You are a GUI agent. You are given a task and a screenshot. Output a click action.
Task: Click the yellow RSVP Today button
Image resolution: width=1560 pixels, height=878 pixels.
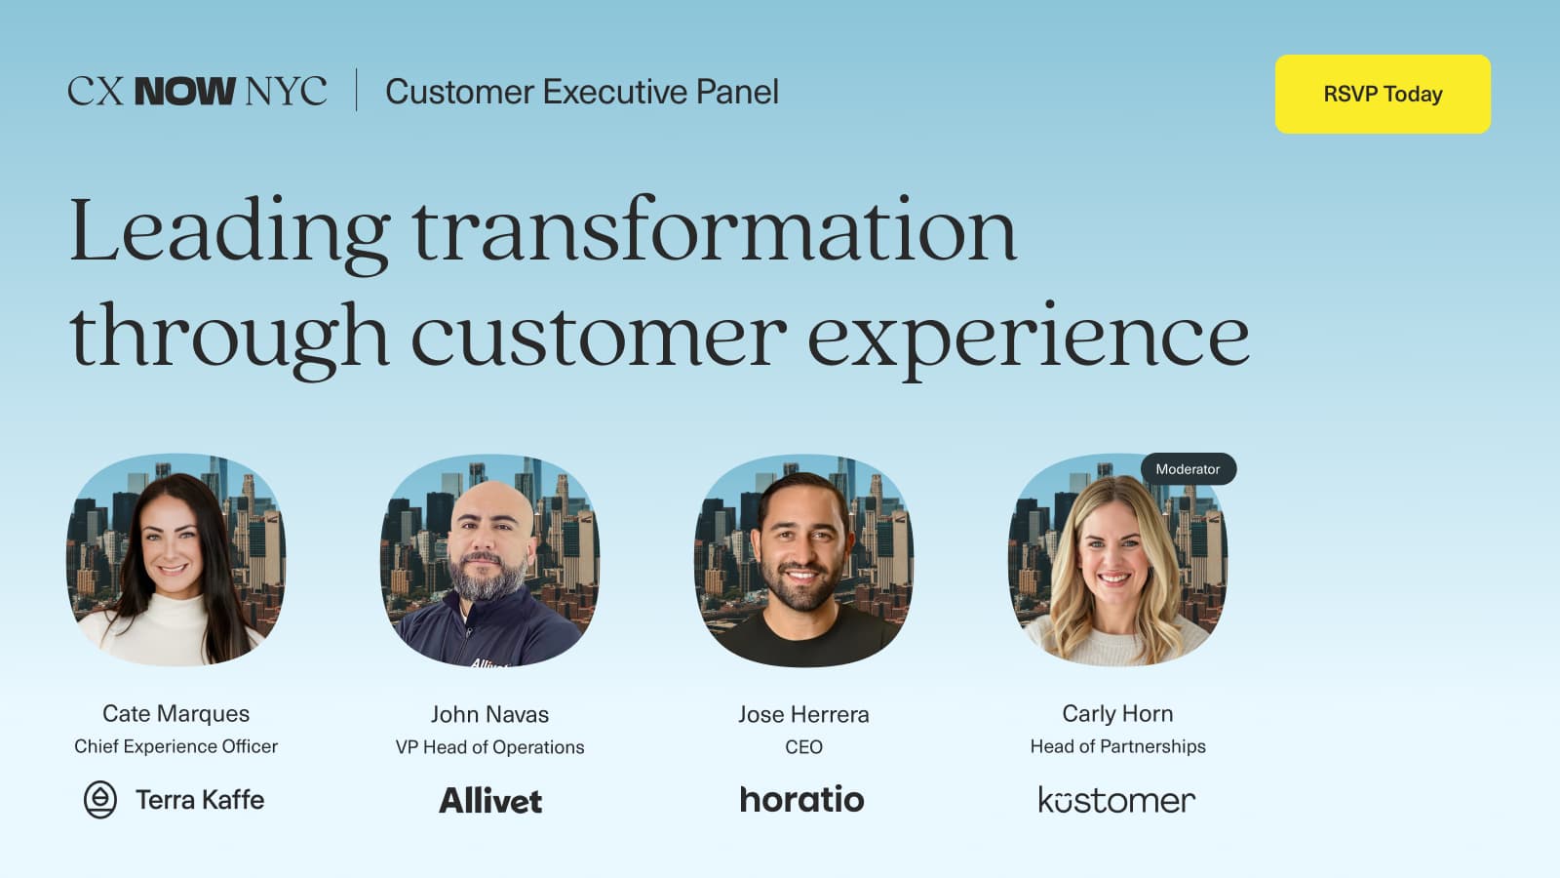click(1383, 94)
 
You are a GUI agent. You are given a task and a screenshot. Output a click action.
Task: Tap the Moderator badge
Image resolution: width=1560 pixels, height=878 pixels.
click(1188, 469)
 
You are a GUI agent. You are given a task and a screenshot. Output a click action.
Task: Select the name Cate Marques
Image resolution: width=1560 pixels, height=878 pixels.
click(175, 713)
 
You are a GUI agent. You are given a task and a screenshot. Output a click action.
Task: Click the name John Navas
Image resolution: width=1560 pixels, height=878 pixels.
click(489, 714)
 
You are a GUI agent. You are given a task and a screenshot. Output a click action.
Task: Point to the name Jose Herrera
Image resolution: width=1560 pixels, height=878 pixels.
click(803, 714)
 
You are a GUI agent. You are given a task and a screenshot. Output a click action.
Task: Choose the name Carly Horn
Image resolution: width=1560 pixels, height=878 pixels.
click(1117, 713)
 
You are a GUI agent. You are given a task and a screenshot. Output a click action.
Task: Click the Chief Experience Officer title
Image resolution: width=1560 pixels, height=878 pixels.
click(175, 746)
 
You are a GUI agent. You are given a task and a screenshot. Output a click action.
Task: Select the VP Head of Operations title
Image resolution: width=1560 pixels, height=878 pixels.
click(489, 747)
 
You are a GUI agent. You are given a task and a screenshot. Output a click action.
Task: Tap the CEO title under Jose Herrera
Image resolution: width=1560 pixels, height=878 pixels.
click(803, 747)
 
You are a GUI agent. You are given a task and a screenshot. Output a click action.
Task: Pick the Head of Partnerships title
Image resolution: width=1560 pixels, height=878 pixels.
click(1117, 746)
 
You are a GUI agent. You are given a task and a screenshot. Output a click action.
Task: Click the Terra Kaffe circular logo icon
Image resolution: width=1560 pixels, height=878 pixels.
click(100, 800)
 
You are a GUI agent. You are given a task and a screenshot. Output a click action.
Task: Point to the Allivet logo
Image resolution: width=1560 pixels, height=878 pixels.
click(490, 801)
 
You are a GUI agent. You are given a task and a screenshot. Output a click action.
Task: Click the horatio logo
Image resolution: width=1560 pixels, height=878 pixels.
click(801, 800)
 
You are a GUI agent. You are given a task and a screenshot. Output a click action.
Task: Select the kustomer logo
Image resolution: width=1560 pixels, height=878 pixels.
click(1116, 801)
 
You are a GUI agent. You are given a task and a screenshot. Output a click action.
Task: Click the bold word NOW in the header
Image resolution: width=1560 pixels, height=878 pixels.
click(184, 92)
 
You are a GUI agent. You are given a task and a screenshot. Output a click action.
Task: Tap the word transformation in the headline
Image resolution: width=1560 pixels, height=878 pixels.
click(714, 231)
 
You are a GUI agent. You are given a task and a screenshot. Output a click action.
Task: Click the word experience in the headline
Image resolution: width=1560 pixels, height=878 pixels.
click(1028, 337)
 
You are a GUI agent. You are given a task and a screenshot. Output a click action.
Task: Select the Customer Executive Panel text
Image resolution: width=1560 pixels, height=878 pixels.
click(582, 92)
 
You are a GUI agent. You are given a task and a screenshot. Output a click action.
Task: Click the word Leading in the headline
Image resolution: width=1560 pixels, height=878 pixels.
click(230, 231)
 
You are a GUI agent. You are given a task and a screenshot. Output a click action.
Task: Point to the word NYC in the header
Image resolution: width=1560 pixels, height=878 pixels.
click(286, 92)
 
